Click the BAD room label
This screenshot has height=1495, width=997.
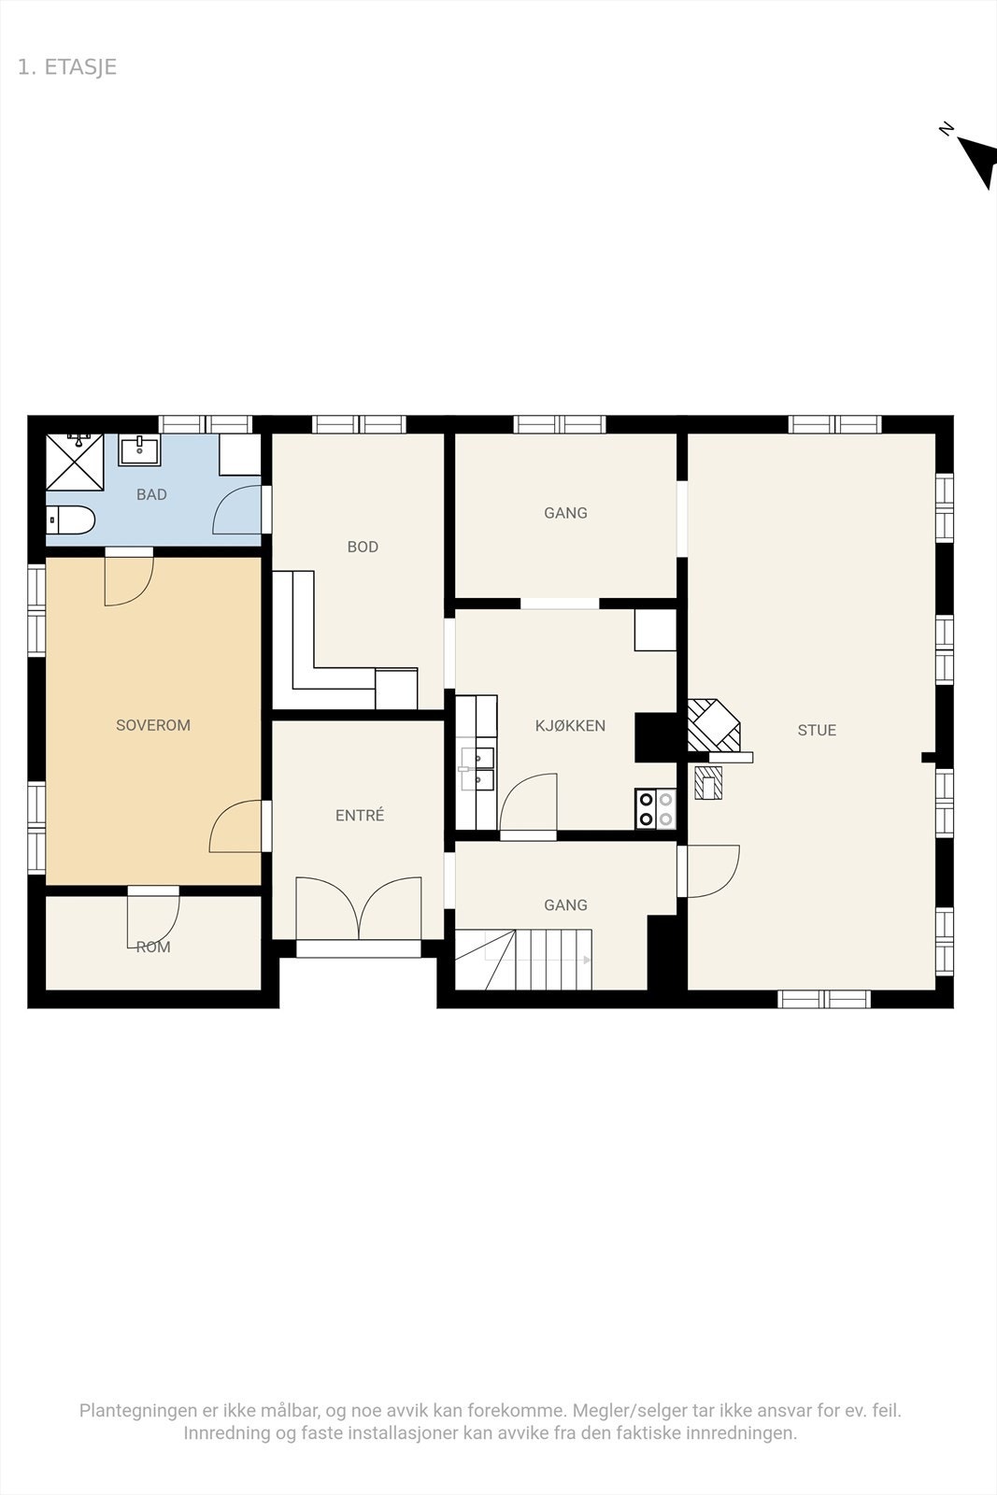pos(151,494)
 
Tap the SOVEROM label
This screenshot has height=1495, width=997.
pos(153,725)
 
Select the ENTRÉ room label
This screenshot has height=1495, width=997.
pos(360,816)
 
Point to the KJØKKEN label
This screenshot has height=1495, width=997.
pos(570,725)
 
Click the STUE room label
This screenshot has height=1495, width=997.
pos(817,731)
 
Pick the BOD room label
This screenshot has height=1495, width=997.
pos(363,547)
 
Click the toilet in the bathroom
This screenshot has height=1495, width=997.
pos(72,520)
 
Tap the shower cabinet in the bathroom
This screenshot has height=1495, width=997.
pos(75,462)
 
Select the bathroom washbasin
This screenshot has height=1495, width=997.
pos(139,449)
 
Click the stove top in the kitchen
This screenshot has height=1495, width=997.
pos(655,809)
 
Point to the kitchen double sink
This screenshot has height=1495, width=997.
pos(477,768)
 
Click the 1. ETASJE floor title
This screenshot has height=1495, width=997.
pos(67,67)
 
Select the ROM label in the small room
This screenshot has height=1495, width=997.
pos(153,947)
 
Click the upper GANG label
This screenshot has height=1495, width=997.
pos(565,513)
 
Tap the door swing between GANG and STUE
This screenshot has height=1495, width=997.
pos(712,871)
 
